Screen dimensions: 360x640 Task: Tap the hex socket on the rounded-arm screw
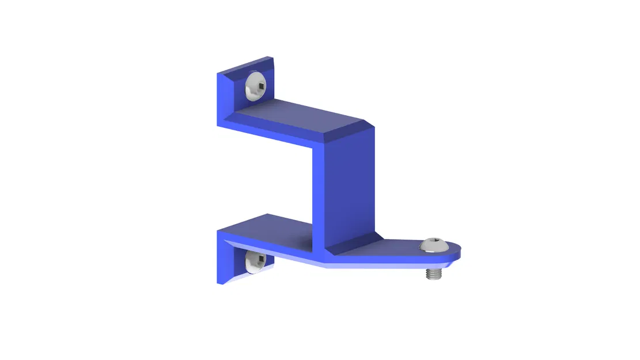pyautogui.click(x=436, y=244)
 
